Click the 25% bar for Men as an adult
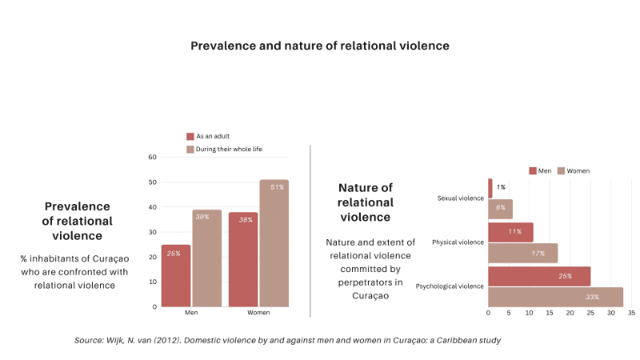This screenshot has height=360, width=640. (176, 275)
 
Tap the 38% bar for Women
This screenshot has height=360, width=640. (243, 259)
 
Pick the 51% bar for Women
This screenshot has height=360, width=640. (274, 243)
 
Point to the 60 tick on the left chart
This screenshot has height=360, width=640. (152, 157)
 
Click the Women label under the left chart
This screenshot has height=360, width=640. (258, 312)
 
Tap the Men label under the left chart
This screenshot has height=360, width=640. (191, 312)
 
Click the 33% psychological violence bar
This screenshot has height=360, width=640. (555, 297)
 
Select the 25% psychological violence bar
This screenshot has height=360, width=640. (539, 276)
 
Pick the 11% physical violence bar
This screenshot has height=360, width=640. (510, 232)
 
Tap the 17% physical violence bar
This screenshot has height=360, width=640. (522, 253)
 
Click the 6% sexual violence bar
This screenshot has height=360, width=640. (500, 209)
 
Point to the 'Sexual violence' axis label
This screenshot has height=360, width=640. (460, 198)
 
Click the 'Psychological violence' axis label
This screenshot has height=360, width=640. (450, 286)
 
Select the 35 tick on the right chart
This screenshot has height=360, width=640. (631, 313)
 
